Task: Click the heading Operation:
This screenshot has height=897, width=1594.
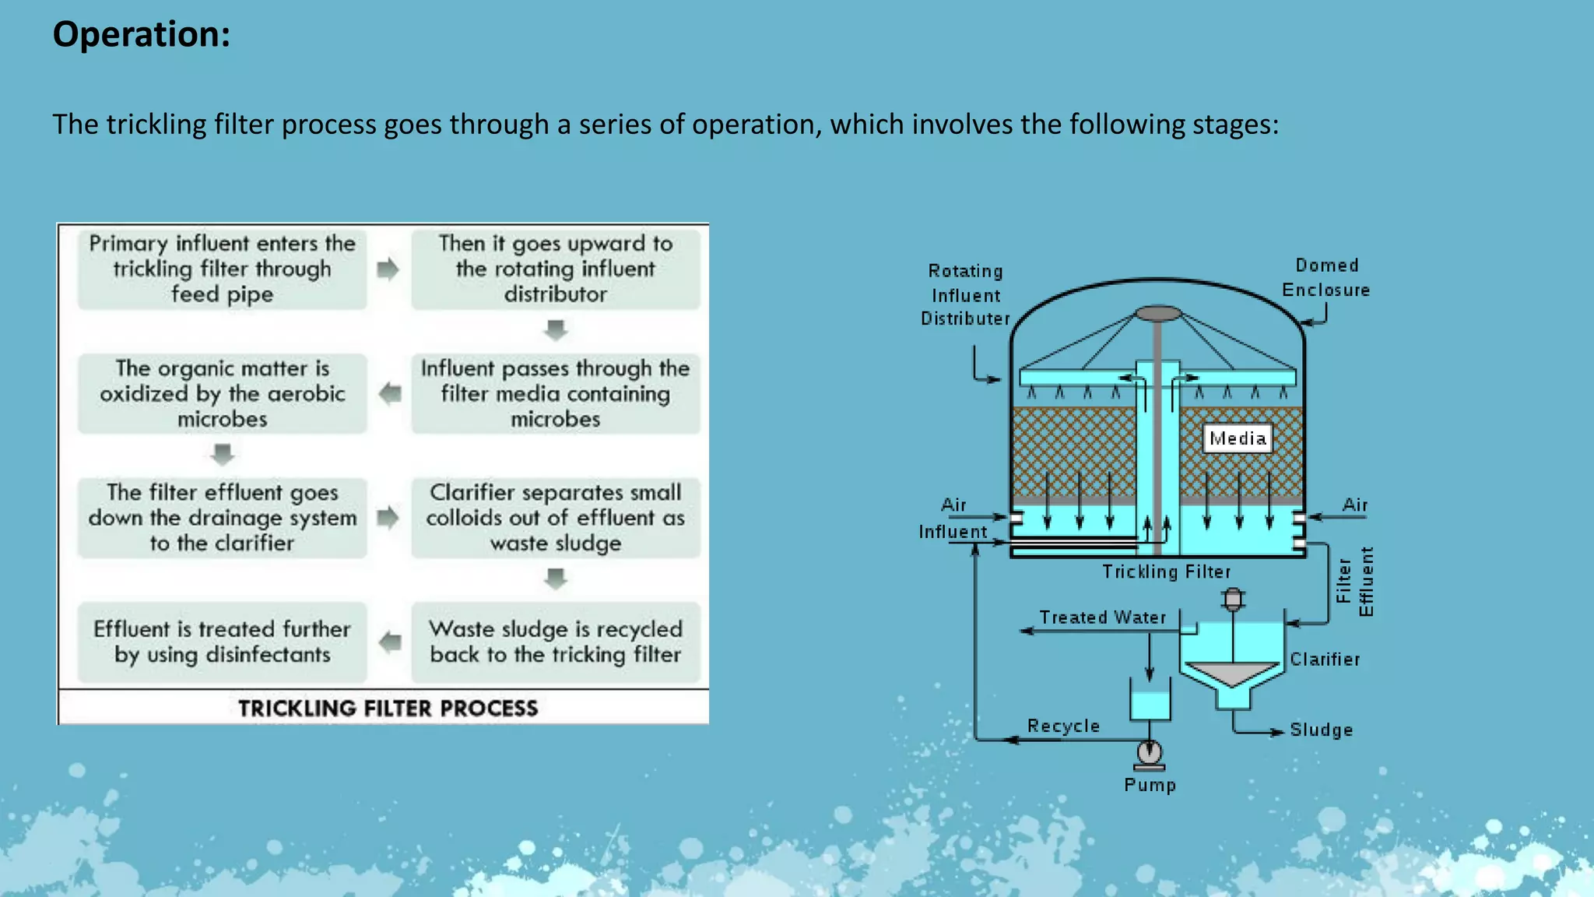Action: [141, 35]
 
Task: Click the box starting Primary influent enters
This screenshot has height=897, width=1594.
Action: [222, 269]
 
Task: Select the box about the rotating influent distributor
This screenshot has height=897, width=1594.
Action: [555, 269]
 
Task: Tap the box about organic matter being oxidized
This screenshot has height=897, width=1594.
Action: [222, 393]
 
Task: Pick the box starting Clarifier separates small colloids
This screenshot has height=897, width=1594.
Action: [555, 517]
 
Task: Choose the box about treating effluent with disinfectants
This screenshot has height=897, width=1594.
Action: [222, 642]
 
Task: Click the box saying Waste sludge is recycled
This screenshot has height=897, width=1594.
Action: [555, 642]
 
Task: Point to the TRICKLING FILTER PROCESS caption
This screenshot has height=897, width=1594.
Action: [388, 708]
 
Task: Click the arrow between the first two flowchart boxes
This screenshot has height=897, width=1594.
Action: [388, 269]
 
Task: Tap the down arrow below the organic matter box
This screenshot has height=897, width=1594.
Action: [223, 454]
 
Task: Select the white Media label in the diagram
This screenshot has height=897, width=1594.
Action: [1237, 438]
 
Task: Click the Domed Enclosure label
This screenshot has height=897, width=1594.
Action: [1326, 277]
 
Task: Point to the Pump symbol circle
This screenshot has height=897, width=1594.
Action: [1150, 752]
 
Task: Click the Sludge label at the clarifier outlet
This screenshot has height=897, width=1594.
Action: [1321, 730]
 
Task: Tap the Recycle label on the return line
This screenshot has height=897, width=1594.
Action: [1063, 726]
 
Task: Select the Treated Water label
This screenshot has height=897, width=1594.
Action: [1103, 617]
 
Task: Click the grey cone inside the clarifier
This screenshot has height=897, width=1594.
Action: [1232, 672]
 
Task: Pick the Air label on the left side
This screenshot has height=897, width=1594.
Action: [953, 505]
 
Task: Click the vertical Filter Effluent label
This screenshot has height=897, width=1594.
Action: [1354, 582]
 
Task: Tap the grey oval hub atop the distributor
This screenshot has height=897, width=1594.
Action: [1158, 314]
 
